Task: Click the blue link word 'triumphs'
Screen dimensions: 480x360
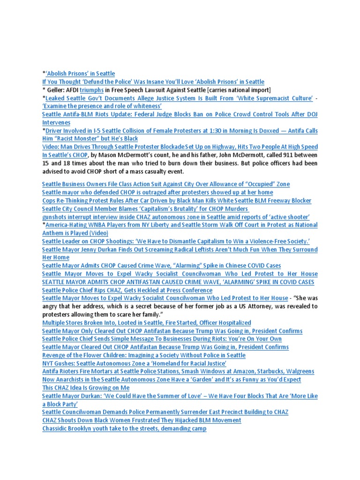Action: [91, 90]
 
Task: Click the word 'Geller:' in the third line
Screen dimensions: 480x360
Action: [59, 90]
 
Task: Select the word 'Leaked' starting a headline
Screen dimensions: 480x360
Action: [57, 98]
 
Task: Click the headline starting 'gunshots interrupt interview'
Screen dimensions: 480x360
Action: [176, 217]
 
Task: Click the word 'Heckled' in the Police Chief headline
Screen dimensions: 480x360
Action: [153, 290]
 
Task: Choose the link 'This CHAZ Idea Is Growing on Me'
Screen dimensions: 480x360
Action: [86, 388]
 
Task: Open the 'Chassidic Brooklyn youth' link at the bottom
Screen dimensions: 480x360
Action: [124, 428]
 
